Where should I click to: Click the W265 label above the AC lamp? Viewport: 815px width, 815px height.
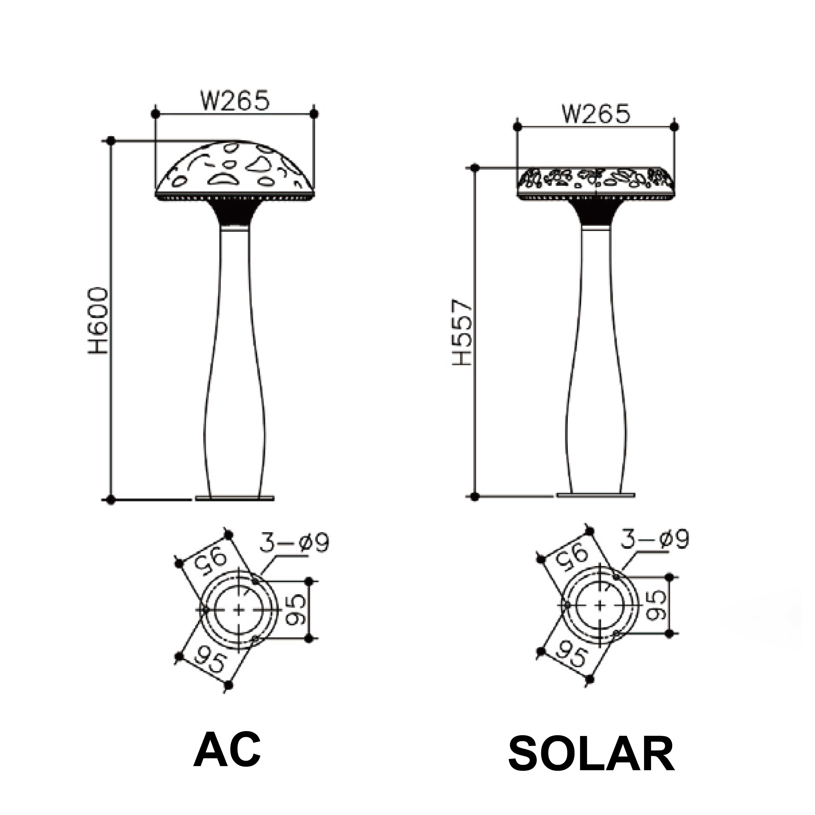[235, 100]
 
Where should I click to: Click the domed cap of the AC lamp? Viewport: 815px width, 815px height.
[235, 169]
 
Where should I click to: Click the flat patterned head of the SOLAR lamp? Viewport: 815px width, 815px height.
[596, 182]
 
